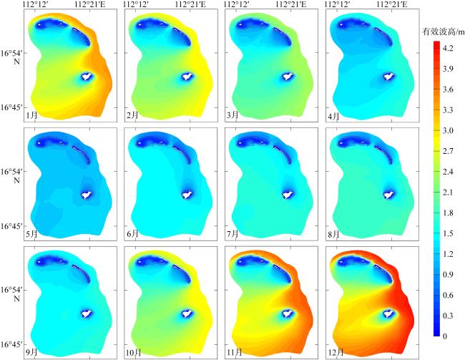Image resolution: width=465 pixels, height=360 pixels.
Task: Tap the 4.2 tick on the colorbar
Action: click(x=448, y=48)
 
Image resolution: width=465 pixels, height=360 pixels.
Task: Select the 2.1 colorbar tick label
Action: click(x=448, y=192)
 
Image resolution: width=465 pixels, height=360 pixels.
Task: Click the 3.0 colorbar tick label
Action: click(x=448, y=130)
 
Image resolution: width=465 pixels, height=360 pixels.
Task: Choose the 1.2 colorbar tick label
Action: click(x=448, y=253)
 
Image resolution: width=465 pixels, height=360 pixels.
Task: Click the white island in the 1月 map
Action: click(x=88, y=76)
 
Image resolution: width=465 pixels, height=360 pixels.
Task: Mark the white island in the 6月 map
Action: click(x=188, y=194)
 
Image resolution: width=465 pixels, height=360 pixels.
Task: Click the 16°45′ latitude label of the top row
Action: click(x=12, y=107)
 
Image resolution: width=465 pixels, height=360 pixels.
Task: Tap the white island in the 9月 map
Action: click(x=88, y=312)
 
